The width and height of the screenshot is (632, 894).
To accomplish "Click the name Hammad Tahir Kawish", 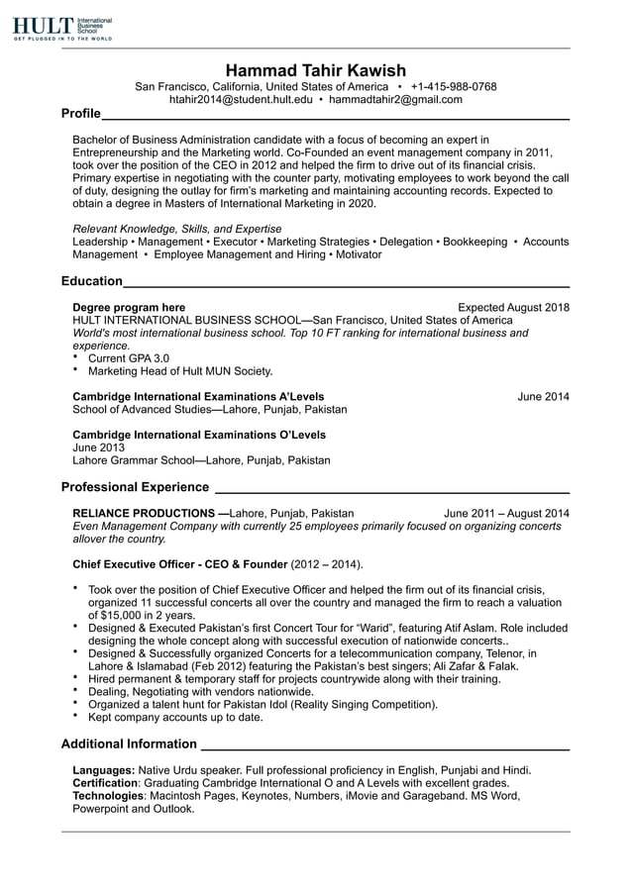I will pyautogui.click(x=315, y=69).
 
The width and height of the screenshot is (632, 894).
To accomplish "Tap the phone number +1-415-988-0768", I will pyautogui.click(x=454, y=86).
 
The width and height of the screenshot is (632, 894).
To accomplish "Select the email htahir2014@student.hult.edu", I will pyautogui.click(x=241, y=100).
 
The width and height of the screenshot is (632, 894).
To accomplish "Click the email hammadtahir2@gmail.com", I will pyautogui.click(x=395, y=100).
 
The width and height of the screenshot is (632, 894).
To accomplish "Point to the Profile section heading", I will pyautogui.click(x=80, y=114).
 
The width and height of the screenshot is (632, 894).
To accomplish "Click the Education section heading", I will pyautogui.click(x=92, y=281).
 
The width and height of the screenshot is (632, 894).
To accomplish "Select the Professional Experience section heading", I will pyautogui.click(x=135, y=487).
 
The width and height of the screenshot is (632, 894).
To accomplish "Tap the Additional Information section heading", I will pyautogui.click(x=129, y=744).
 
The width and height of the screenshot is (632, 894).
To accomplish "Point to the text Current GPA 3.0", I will pyautogui.click(x=129, y=358).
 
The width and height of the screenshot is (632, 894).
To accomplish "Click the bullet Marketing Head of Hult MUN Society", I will pyautogui.click(x=179, y=371).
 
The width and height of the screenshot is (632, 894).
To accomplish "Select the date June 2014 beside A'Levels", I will pyautogui.click(x=543, y=396).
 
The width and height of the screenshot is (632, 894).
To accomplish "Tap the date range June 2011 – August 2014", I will pyautogui.click(x=506, y=513).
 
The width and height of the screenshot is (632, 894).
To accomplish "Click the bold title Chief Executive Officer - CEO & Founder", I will pyautogui.click(x=179, y=564).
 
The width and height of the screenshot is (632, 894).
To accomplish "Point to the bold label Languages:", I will pyautogui.click(x=104, y=770).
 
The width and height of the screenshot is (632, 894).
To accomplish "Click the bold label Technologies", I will pyautogui.click(x=109, y=796).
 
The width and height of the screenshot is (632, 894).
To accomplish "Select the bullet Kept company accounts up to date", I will pyautogui.click(x=175, y=717).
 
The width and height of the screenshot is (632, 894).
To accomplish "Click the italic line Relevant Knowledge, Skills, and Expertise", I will pyautogui.click(x=176, y=228).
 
